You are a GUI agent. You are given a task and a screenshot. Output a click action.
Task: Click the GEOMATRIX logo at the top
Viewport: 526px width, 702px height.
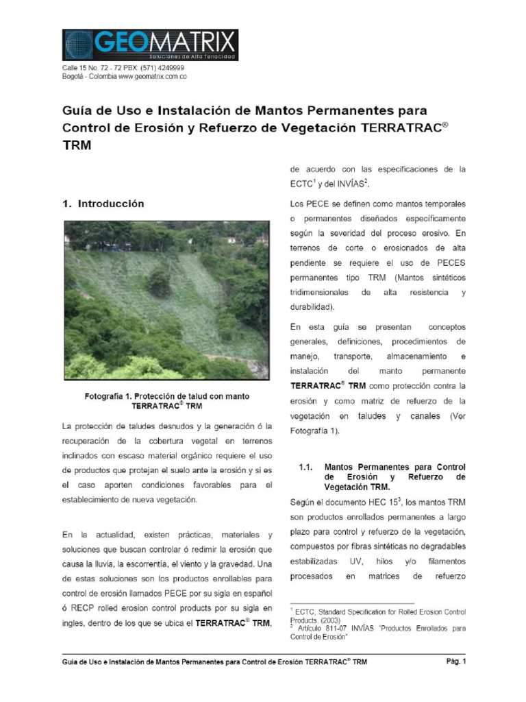click(150, 45)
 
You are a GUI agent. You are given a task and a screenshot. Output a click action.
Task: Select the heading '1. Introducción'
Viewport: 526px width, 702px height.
click(103, 204)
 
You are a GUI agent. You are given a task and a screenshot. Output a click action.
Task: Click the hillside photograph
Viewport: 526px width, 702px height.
click(166, 300)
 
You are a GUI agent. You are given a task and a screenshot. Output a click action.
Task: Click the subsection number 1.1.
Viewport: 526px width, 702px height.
click(306, 467)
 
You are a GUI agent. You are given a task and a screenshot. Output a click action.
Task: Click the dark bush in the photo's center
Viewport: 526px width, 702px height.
click(159, 282)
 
